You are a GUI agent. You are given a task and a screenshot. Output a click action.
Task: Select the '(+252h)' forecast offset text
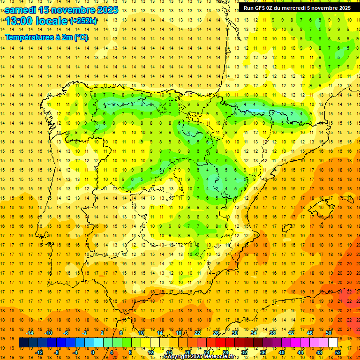pyautogui.click(x=83, y=21)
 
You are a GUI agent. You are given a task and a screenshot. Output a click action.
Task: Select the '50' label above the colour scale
pyautogui.click(x=329, y=333)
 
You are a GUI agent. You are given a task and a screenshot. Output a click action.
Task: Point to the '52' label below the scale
pyautogui.click(x=338, y=352)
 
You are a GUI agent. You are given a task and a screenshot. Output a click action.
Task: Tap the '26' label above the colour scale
pyautogui.click(x=216, y=333)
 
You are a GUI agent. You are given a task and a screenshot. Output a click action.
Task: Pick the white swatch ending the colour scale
pyautogui.click(x=333, y=343)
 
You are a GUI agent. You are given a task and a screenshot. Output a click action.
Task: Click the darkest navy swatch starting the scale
pyautogui.click(x=23, y=343)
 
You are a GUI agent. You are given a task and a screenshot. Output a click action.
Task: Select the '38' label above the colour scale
pyautogui.click(x=272, y=333)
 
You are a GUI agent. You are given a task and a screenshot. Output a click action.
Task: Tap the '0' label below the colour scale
pyautogui.click(x=93, y=352)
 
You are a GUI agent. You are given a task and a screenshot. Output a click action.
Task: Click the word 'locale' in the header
pyautogui.click(x=53, y=21)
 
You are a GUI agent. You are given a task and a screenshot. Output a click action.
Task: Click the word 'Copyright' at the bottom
pyautogui.click(x=177, y=357)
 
